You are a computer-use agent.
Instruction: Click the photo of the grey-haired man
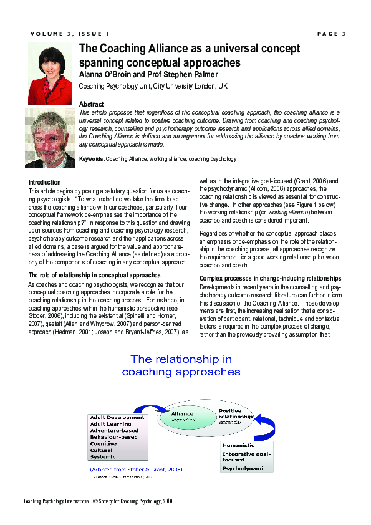coord(50,138)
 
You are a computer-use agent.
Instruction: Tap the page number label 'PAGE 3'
coord(330,34)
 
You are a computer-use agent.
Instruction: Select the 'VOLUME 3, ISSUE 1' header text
coord(69,34)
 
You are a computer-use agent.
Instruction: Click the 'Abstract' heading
coord(91,104)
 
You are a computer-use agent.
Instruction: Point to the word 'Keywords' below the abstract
coord(91,160)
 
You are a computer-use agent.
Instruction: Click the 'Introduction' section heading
coord(46,183)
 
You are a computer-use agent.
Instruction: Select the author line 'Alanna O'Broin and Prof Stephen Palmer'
coord(148,75)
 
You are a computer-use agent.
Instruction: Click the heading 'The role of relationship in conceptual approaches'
coord(95,275)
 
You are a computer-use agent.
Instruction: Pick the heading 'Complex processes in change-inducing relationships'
coord(270,278)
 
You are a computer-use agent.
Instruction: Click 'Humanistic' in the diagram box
coord(239,445)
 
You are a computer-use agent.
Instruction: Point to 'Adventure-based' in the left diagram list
coord(113,431)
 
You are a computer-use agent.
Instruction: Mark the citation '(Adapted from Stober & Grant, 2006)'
coord(135,469)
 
